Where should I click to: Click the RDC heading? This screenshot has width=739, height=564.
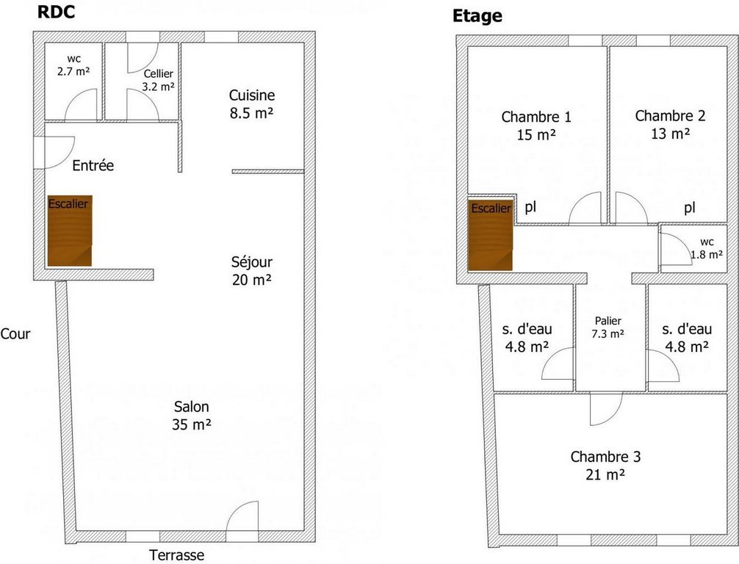pos(56,12)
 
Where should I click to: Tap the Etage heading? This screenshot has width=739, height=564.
pos(477,16)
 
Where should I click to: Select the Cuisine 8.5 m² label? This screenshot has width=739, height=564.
pos(252,104)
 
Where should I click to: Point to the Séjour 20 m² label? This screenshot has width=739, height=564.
pos(252,271)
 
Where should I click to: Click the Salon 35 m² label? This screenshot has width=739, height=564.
pos(191,416)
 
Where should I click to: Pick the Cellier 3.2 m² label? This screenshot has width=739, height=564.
pos(159,80)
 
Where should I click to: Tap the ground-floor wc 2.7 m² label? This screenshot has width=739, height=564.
pos(73,65)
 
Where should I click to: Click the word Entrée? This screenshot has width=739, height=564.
pos(93,165)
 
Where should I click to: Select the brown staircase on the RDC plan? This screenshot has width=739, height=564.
pos(69,231)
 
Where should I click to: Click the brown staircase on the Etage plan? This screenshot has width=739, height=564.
pos(490,236)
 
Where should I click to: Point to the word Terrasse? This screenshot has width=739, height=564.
pos(177,555)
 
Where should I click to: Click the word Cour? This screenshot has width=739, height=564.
pos(15,334)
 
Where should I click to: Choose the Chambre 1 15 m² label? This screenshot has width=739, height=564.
pos(536,126)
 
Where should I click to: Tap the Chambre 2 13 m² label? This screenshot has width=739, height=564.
pos(670,125)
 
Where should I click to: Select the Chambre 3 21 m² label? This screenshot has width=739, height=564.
pos(605,466)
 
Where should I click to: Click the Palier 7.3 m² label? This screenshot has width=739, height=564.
pos(608,328)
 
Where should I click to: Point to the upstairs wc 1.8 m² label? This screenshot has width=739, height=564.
pos(707,248)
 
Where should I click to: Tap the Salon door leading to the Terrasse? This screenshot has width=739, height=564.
pos(242,516)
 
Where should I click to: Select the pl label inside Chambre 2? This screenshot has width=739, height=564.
pos(690,208)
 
